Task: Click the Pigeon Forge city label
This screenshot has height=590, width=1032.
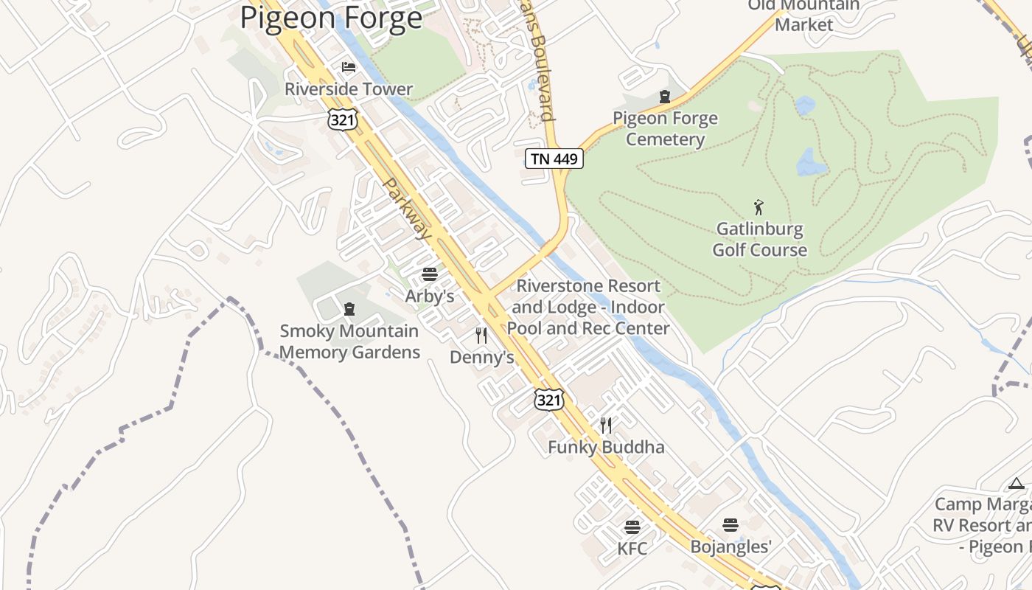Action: coord(332,18)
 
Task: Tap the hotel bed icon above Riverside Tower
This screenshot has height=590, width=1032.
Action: coord(349,67)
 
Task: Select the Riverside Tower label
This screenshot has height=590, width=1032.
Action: coord(349,89)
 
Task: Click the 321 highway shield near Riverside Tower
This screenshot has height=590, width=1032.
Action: coord(343,119)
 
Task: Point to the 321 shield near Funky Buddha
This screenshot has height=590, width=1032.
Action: coord(549,400)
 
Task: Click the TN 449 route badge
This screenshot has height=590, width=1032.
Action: coord(554,159)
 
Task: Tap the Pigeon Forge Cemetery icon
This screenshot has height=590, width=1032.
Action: coord(665,97)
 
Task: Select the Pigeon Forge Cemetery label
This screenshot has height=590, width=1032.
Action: coord(665,129)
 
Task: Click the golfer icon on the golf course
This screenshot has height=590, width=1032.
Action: coord(759,207)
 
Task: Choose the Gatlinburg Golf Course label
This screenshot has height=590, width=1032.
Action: coord(759,240)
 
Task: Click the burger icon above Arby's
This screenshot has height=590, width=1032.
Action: coord(430,274)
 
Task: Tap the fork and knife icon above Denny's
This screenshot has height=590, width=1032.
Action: coord(481,336)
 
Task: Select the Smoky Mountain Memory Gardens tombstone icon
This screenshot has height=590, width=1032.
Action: coord(349,309)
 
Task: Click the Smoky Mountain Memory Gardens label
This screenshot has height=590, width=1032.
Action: coord(349,341)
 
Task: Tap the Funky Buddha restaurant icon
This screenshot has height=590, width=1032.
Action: coord(606,425)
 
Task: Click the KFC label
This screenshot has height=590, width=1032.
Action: coord(632,549)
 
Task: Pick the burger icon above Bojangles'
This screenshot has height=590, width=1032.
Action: coord(731,525)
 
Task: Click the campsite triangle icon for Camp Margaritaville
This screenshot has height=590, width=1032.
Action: coord(1017,484)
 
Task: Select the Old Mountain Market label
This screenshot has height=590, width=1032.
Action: coord(803,15)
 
